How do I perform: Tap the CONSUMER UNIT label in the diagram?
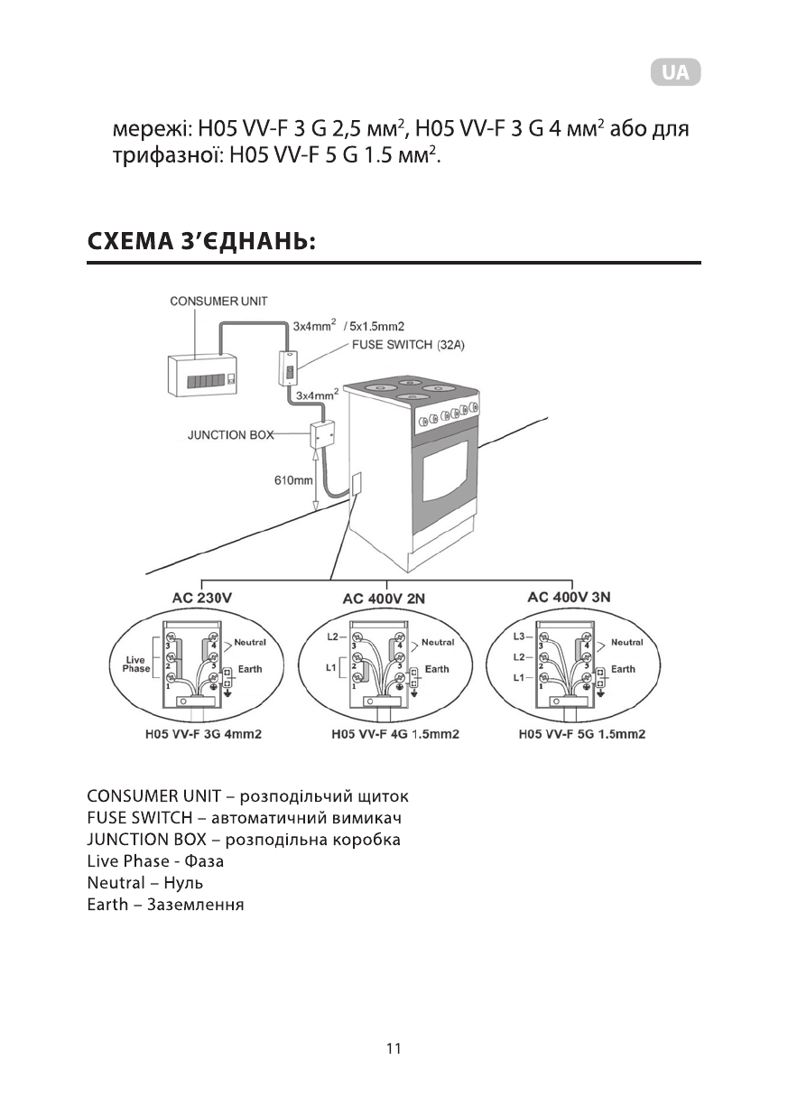[218, 301]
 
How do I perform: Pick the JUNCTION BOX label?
[230, 434]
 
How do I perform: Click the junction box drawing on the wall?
[322, 435]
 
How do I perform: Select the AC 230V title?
[203, 598]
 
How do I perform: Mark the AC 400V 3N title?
[570, 597]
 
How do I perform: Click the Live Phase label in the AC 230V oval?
[136, 664]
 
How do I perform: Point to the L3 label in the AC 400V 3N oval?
[518, 637]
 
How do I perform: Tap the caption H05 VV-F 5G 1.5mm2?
[582, 734]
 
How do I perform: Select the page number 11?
[393, 1049]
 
